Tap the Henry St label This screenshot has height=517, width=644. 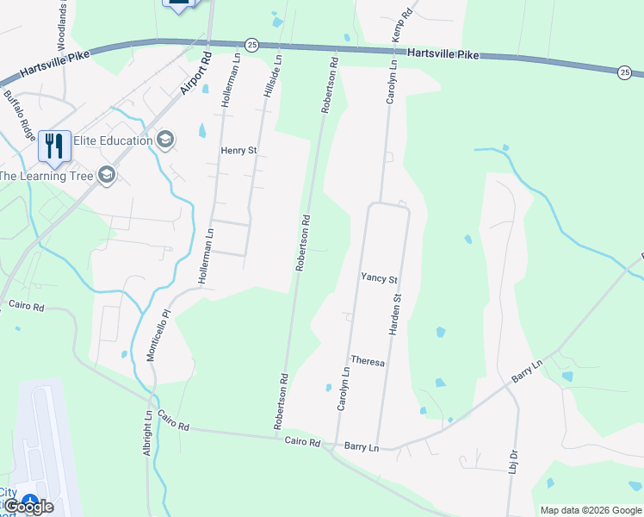pos(239,150)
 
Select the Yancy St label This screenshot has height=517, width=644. pos(379,279)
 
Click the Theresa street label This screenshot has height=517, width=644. pos(368,363)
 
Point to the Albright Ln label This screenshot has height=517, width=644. pos(148,433)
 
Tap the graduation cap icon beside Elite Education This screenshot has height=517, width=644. pos(166,140)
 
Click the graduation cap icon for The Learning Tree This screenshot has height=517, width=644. pos(106,176)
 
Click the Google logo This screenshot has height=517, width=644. pos(28,507)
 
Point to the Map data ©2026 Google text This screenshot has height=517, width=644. pos(590,510)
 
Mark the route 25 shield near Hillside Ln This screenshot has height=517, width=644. pos(251,44)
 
